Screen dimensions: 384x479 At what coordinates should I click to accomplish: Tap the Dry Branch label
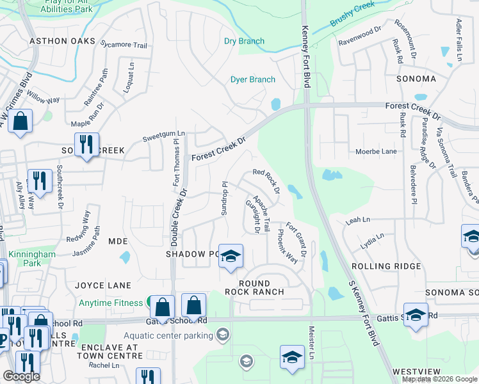[244, 41]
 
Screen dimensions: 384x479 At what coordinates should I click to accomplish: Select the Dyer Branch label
[253, 79]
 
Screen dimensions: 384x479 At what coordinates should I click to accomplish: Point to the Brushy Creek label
[352, 24]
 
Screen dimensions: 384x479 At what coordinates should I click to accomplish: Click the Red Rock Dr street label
[266, 180]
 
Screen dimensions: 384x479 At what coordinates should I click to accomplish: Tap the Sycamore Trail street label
[124, 45]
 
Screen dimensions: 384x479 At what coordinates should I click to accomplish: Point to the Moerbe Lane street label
[376, 152]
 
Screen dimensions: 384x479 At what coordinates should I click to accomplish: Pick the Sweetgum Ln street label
[163, 134]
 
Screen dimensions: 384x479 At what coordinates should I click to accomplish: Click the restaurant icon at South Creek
[86, 144]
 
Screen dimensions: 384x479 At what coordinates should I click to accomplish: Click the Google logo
[21, 376]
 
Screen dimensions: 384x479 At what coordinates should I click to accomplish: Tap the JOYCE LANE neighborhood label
[102, 285]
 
